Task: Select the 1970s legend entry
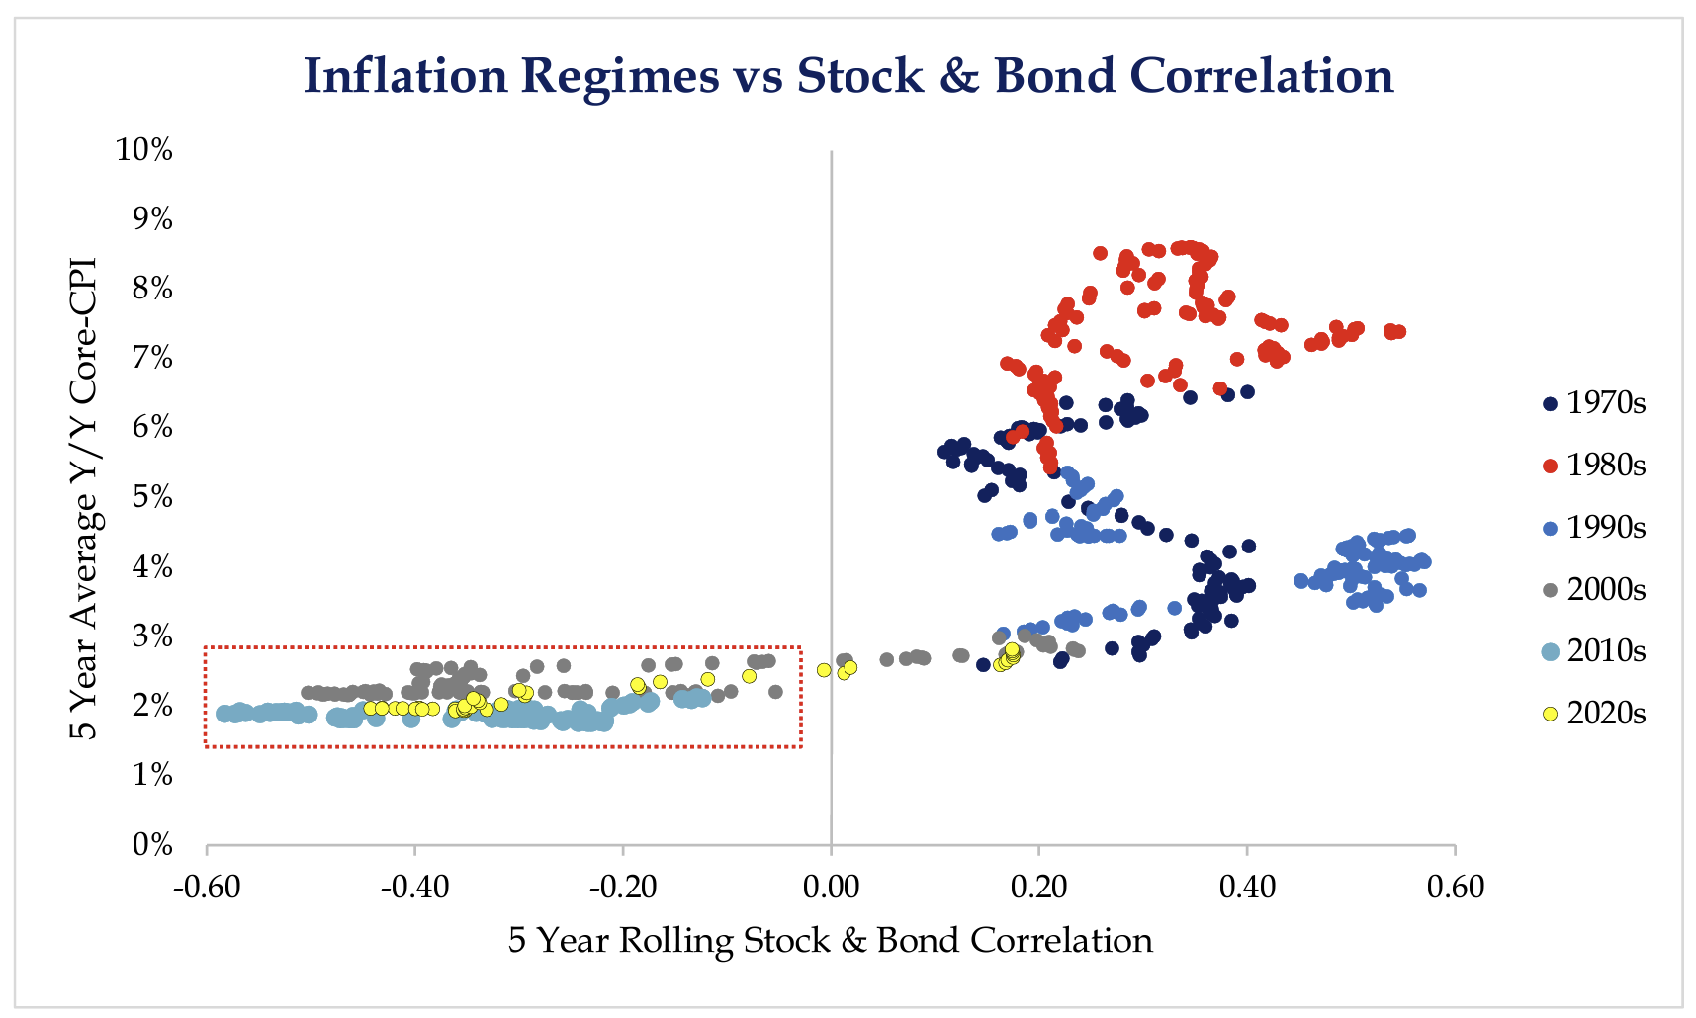pos(1594,403)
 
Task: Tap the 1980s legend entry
pos(1594,466)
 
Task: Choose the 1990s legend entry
pos(1594,528)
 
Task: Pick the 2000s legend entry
pos(1594,590)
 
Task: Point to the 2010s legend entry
pos(1594,651)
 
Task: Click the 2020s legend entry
pos(1594,714)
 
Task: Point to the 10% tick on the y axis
pos(144,150)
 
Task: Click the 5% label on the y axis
pos(152,497)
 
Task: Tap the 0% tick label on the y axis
pos(152,845)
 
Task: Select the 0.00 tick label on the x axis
pos(831,888)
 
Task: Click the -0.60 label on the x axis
pos(207,888)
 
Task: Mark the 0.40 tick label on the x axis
pos(1247,888)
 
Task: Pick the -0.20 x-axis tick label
pos(623,888)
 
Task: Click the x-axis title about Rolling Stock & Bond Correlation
pos(831,940)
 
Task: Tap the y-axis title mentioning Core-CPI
pos(83,498)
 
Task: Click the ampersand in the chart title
pos(958,76)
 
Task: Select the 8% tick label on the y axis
pos(152,289)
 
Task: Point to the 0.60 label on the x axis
pos(1455,888)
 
